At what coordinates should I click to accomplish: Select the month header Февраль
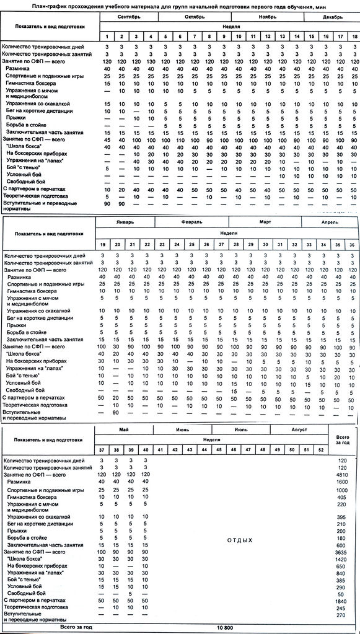click(x=191, y=221)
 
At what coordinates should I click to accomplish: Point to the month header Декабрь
click(x=331, y=17)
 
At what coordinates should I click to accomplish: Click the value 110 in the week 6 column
click(x=180, y=139)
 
